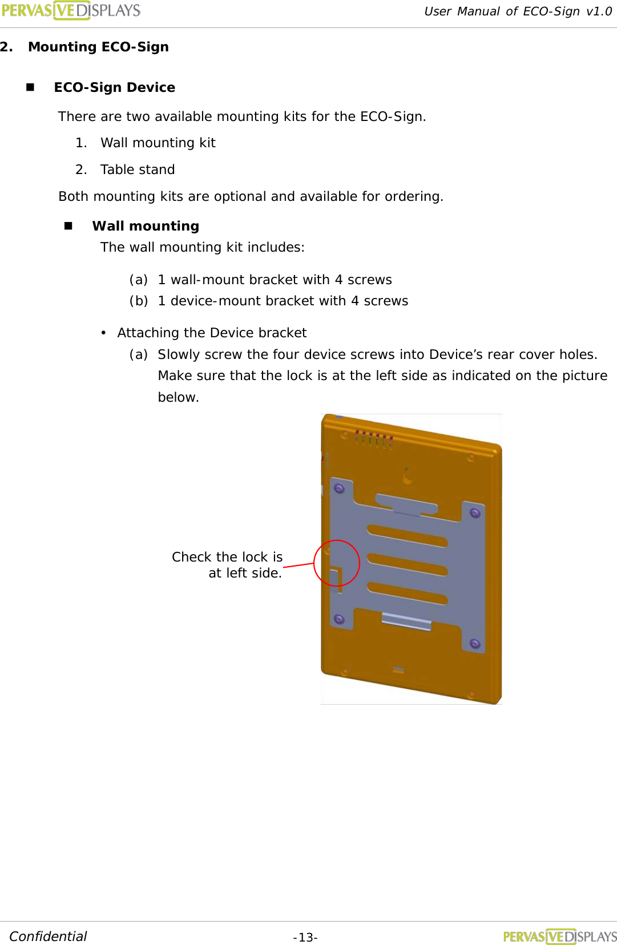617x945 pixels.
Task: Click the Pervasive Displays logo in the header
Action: [71, 10]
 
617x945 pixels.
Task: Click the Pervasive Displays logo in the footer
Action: [559, 936]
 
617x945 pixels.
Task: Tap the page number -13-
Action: [305, 937]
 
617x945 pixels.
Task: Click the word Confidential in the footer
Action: [48, 936]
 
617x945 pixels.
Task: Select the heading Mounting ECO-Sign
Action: [98, 47]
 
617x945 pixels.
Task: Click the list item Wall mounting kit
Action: [158, 143]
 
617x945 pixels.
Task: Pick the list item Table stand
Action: [137, 169]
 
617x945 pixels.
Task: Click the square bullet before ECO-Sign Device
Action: [30, 87]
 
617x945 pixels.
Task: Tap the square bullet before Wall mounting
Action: [68, 226]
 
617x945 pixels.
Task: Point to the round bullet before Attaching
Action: [103, 333]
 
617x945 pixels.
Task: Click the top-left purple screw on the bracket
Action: [339, 488]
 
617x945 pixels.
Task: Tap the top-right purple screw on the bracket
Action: [475, 513]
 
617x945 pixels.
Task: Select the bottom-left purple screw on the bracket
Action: [339, 619]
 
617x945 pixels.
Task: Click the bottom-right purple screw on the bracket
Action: [475, 644]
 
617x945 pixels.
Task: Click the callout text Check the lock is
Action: [227, 557]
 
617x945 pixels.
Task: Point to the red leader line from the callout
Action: [299, 565]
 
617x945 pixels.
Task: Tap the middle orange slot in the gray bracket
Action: [407, 564]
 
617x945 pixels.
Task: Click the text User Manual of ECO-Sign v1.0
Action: [518, 11]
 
